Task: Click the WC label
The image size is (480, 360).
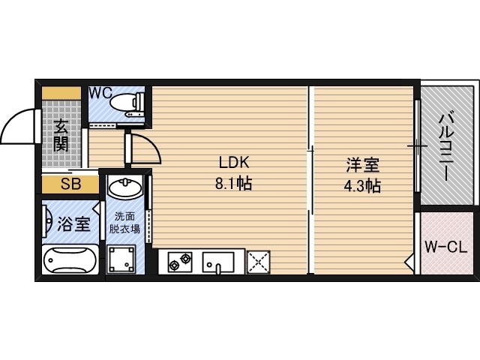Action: [x=100, y=93]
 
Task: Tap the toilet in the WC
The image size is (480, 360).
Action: [x=127, y=104]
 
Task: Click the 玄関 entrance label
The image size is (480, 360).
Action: [x=61, y=135]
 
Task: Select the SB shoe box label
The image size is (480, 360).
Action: [x=70, y=184]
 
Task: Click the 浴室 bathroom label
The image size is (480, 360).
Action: [x=73, y=223]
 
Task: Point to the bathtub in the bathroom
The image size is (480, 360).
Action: [x=70, y=259]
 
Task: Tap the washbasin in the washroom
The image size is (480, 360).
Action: [x=125, y=187]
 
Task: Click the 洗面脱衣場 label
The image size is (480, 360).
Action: [x=124, y=223]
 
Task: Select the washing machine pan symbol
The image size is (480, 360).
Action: [x=121, y=259]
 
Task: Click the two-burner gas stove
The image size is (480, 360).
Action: [x=180, y=262]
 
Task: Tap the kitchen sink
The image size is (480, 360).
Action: [x=218, y=262]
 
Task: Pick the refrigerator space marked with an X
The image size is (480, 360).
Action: [x=259, y=262]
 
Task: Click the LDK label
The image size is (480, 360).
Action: [x=234, y=163]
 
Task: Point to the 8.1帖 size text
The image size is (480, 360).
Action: [x=233, y=184]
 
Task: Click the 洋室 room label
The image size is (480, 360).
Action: [x=363, y=165]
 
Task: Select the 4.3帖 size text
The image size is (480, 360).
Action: [x=362, y=185]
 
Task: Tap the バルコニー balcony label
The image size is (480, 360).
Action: [x=445, y=148]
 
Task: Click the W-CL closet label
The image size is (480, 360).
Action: [x=445, y=247]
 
